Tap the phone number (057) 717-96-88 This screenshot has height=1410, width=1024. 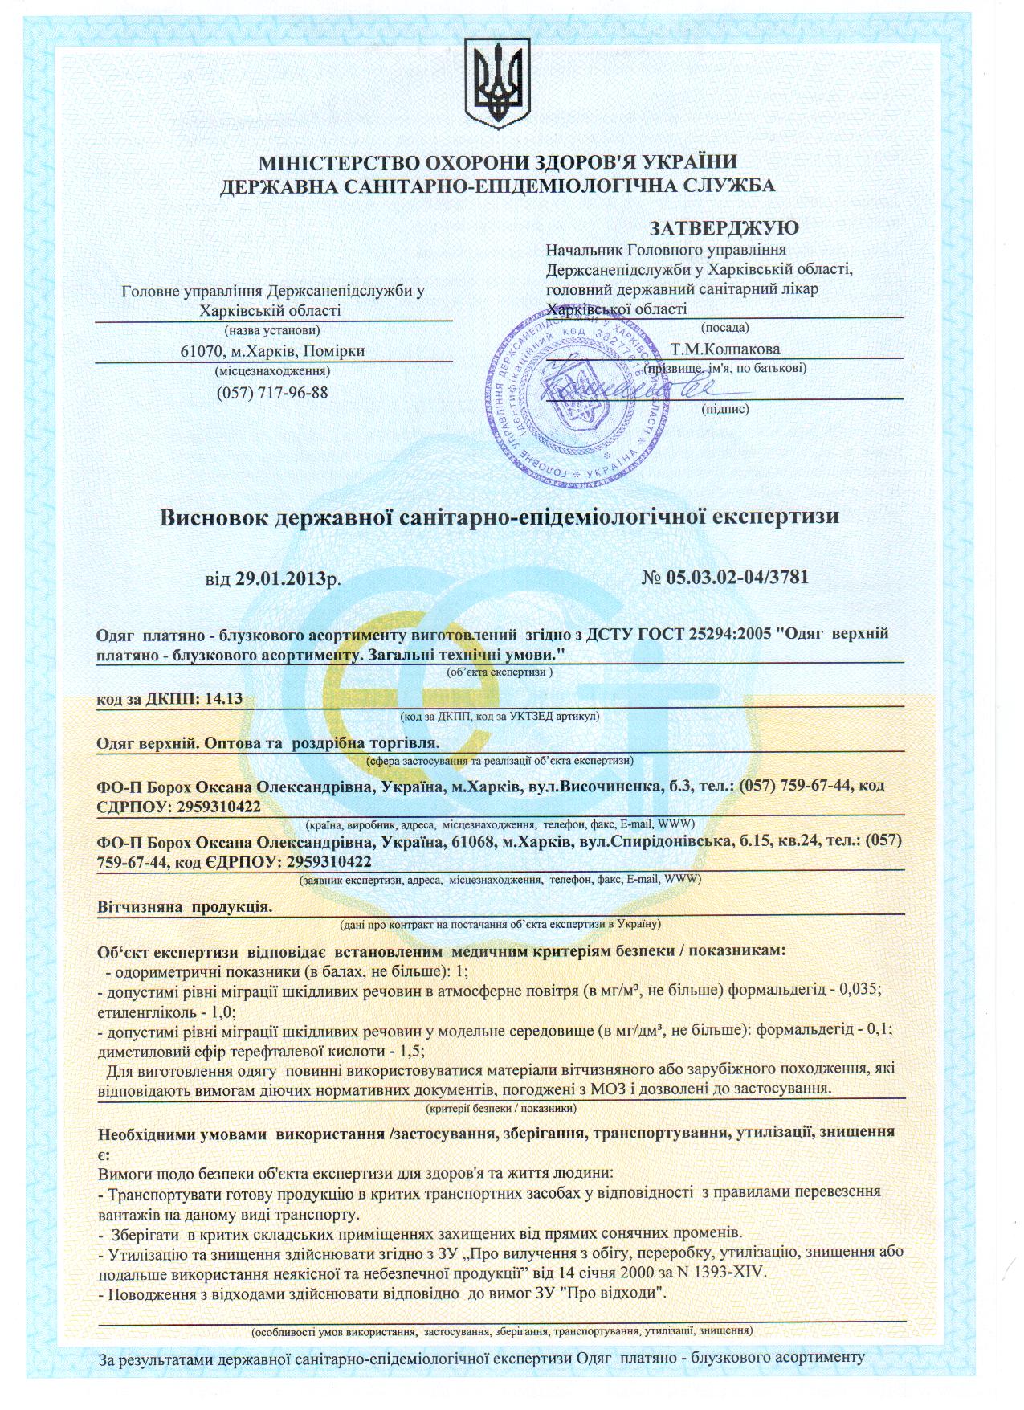pyautogui.click(x=272, y=393)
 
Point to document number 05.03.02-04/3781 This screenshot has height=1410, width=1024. pyautogui.click(x=736, y=577)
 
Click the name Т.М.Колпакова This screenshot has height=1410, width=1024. pyautogui.click(x=724, y=349)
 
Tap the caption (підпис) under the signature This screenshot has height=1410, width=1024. pyautogui.click(x=724, y=409)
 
